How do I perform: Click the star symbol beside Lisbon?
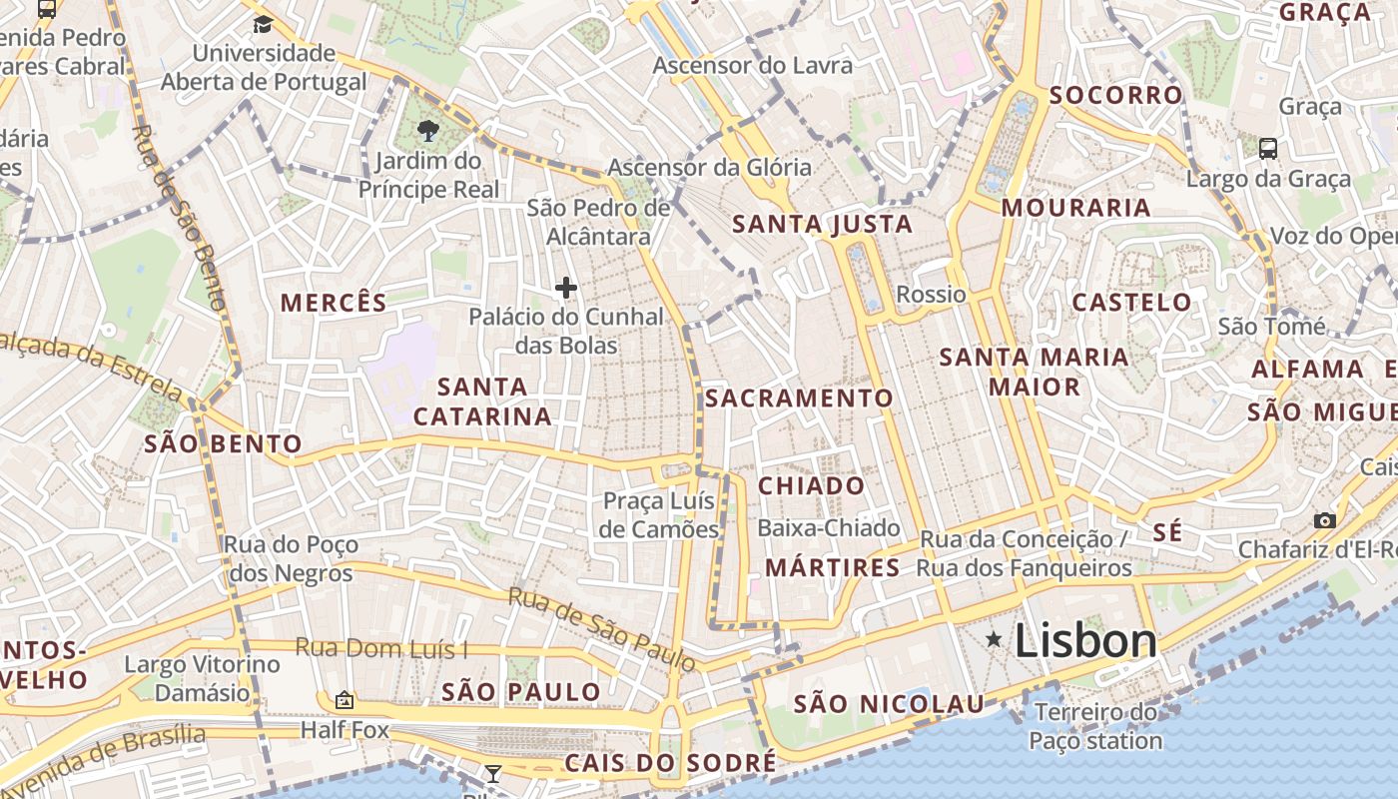click(x=994, y=639)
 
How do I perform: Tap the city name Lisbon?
click(x=1085, y=641)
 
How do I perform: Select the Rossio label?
click(x=931, y=295)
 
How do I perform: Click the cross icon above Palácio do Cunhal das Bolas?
click(x=566, y=289)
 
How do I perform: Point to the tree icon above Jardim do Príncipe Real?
click(x=428, y=130)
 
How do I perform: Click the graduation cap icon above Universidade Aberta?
click(x=263, y=24)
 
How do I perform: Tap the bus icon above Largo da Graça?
click(x=1267, y=149)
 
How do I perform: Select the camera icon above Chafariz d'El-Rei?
click(x=1325, y=520)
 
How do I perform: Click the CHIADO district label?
click(x=812, y=486)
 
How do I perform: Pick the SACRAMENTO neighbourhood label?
click(x=799, y=399)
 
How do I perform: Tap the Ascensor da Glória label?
click(x=709, y=167)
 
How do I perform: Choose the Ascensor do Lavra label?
click(x=753, y=66)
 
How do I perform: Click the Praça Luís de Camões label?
click(x=659, y=514)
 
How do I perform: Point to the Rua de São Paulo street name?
click(x=601, y=627)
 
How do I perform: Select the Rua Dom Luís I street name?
click(x=380, y=648)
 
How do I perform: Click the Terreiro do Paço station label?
click(x=1095, y=727)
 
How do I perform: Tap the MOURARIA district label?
click(x=1075, y=208)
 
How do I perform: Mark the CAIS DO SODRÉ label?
click(x=670, y=764)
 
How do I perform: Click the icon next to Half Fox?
click(x=345, y=700)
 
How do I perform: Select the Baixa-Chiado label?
click(x=829, y=528)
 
